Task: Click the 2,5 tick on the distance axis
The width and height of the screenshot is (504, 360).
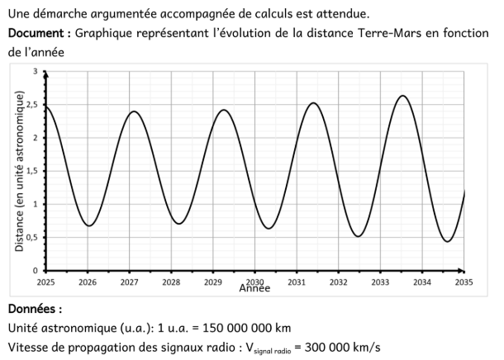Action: pos(31,104)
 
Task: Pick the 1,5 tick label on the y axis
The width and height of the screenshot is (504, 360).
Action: pos(31,171)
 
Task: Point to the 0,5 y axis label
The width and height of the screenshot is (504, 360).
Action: pos(31,238)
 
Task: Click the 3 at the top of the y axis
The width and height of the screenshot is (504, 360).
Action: pos(36,72)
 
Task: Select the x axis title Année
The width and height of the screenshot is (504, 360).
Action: pos(254,289)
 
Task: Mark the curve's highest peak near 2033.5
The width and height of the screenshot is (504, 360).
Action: pos(402,96)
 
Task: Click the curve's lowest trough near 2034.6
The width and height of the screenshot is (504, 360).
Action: pos(447,241)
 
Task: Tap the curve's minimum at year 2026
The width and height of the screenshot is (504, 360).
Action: pos(88,225)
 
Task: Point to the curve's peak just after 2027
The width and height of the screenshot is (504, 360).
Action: pos(133,111)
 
